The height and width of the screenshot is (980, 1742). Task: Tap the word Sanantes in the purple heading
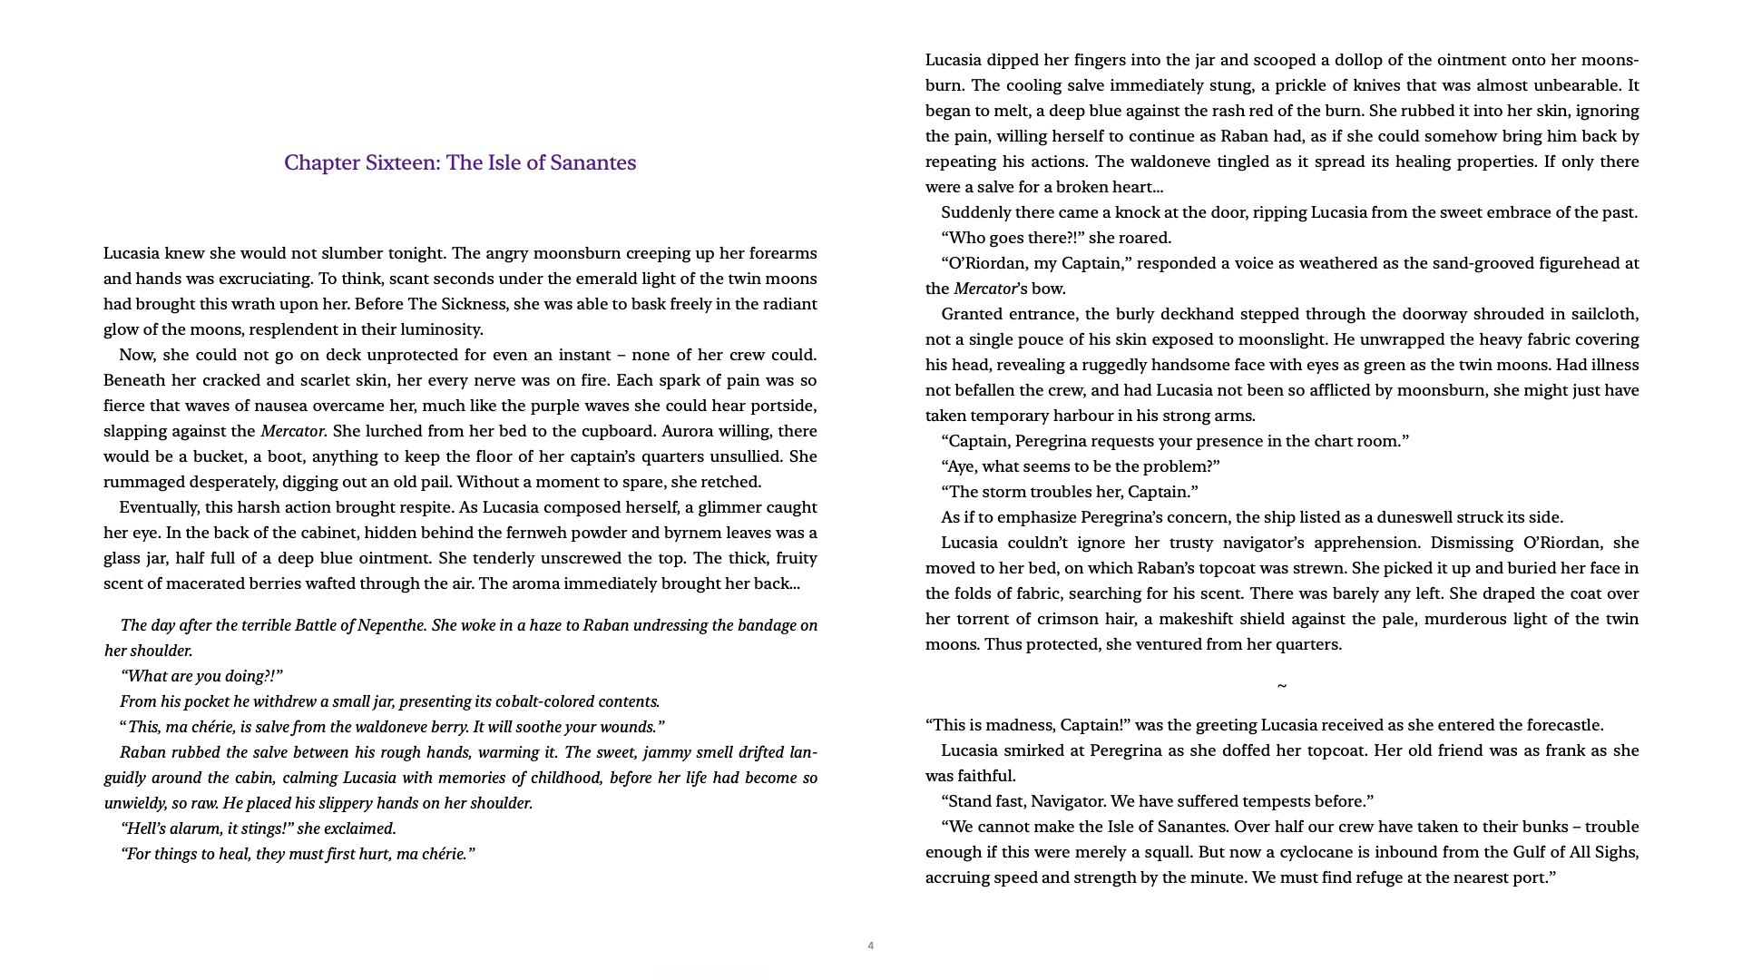tap(593, 162)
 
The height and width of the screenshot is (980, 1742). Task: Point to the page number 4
tap(870, 946)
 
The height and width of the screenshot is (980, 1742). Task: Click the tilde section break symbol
tap(1281, 686)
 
